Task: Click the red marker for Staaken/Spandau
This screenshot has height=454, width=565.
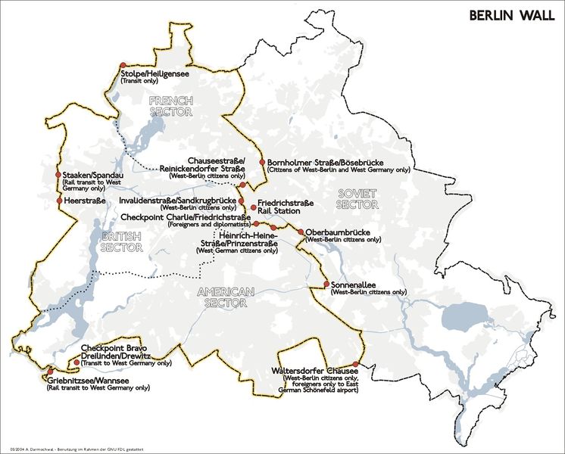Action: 58,176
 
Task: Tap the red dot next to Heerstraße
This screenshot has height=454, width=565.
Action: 58,201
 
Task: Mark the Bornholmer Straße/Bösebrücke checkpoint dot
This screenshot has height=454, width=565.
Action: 262,163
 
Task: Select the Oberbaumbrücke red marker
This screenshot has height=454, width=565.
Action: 300,232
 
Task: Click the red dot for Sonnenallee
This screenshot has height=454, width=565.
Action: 326,285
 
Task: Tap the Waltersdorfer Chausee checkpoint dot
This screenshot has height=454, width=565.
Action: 355,364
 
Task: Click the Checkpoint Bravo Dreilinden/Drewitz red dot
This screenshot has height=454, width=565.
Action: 76,362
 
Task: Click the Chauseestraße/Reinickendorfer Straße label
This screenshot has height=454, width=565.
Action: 203,164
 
